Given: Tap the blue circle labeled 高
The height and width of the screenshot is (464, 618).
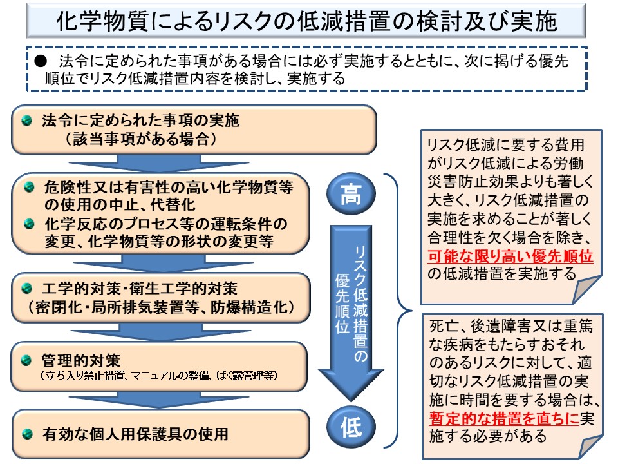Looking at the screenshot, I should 351,193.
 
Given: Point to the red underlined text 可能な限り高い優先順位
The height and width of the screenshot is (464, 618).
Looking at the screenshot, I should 510,256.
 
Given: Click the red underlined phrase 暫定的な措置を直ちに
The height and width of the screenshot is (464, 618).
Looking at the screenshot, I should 503,418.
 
